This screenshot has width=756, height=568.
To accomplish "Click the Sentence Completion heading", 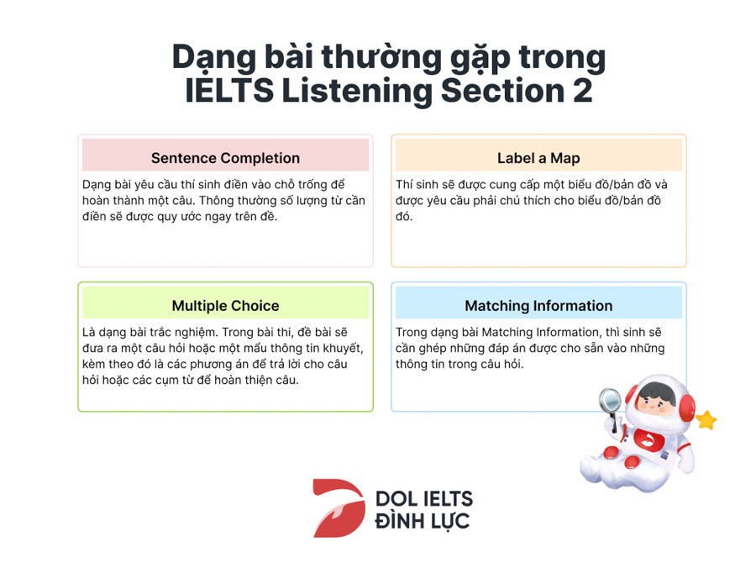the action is [225, 158].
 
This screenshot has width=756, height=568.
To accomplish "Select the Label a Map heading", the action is [538, 158].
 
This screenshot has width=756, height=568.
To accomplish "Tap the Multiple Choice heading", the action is [225, 306].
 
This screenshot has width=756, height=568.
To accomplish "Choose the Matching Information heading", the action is [538, 306].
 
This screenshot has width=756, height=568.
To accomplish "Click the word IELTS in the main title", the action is [229, 90].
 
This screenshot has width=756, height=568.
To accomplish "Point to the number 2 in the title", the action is [583, 90].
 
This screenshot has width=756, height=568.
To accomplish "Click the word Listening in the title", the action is [357, 92].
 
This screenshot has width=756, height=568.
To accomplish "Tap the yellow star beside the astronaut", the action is [706, 420].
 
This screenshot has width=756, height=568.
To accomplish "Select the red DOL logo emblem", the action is [339, 508].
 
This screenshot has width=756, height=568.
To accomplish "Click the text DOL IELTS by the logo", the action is [424, 499].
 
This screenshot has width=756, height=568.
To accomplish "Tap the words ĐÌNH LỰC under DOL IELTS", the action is [422, 521].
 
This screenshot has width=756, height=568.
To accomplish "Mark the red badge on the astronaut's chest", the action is [647, 439].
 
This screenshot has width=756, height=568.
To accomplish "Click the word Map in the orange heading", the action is [564, 159].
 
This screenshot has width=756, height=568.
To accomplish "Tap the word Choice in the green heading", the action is [255, 306].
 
